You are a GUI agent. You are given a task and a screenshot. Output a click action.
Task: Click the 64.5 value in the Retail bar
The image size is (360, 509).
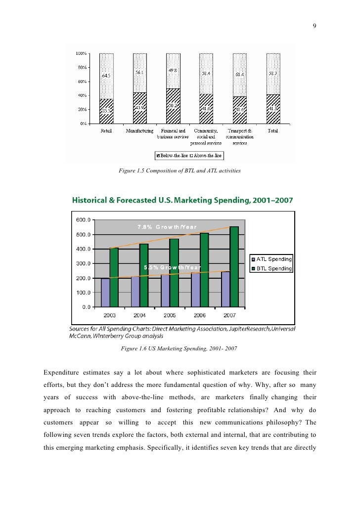[x=106, y=76]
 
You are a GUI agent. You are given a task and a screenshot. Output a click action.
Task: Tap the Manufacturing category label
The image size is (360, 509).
[x=139, y=131]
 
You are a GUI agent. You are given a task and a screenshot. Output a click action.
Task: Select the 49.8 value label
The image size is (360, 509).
[x=173, y=70]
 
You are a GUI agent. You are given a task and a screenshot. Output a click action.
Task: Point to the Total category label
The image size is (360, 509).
[x=272, y=131]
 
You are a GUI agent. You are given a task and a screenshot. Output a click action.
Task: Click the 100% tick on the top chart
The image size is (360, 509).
[x=82, y=53]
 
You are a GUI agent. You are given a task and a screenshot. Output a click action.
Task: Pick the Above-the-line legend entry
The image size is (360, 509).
[x=207, y=156]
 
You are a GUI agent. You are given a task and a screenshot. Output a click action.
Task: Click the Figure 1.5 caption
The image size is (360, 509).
[x=180, y=171]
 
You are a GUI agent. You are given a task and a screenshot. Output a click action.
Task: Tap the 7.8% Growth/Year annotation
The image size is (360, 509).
[x=167, y=227]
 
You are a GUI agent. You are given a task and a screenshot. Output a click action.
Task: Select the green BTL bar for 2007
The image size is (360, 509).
[x=234, y=266]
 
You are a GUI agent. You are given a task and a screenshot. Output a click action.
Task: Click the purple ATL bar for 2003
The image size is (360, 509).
[x=105, y=293]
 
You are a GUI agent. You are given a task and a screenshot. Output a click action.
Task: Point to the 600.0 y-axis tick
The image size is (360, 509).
[x=83, y=220]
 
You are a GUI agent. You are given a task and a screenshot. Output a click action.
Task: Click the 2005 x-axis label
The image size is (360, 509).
[x=170, y=315]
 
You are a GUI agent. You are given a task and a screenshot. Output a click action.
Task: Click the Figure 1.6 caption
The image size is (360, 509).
[x=180, y=349]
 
